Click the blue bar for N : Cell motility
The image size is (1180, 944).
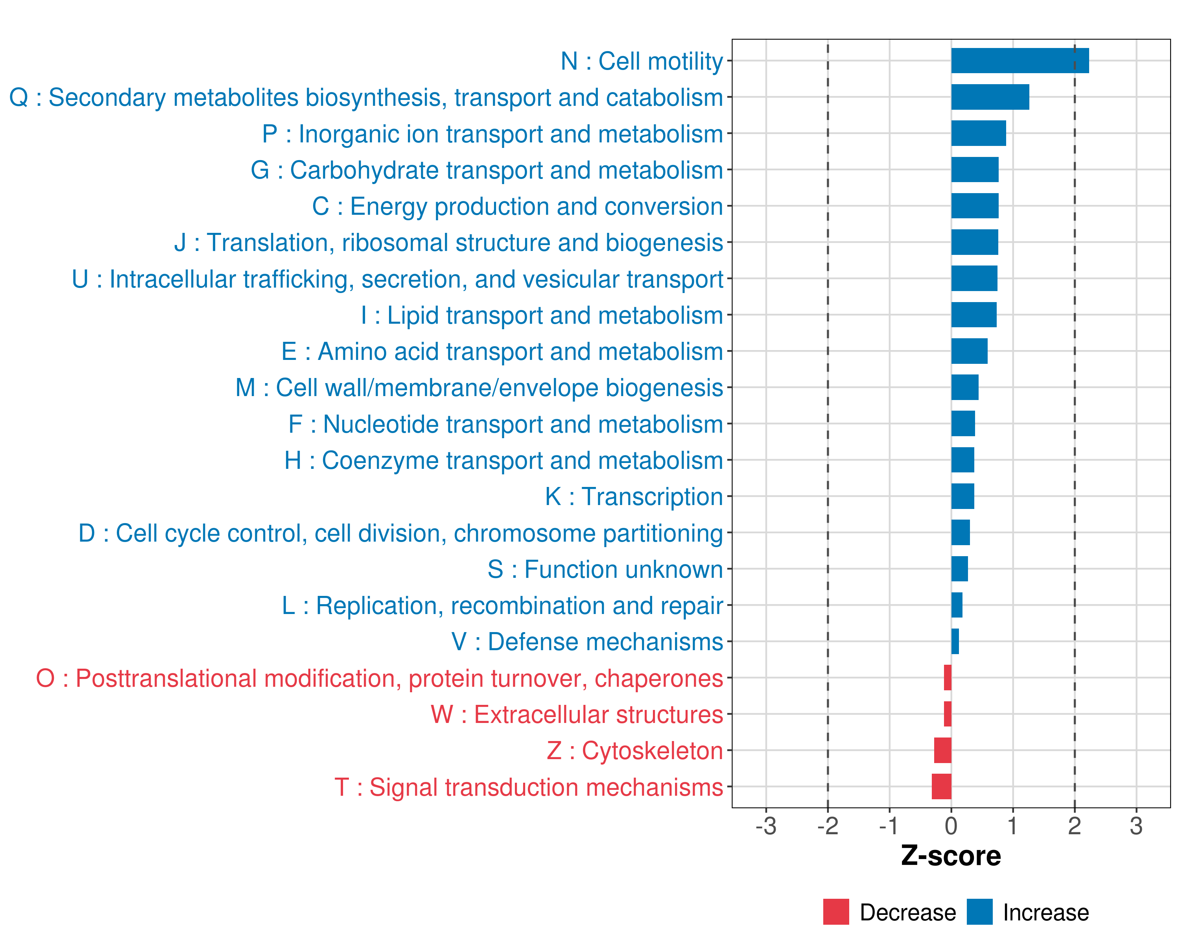coord(1020,61)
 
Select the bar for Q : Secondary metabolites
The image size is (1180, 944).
coord(990,97)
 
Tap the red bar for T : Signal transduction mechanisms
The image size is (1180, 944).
coord(941,786)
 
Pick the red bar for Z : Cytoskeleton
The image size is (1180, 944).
coord(942,750)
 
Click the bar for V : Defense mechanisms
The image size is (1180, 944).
coord(955,642)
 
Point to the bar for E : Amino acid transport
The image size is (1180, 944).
coord(969,351)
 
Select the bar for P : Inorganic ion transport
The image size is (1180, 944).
coord(978,133)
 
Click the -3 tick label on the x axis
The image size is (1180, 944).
coord(766,826)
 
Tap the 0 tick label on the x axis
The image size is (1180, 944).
coord(951,826)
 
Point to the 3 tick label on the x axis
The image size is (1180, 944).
coord(1136,826)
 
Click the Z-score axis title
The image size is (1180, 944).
coord(951,856)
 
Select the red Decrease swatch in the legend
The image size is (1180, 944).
coord(836,912)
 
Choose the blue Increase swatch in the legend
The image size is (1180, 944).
coord(979,912)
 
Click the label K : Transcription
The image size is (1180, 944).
coord(634,496)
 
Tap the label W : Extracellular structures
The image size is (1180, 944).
coord(577,714)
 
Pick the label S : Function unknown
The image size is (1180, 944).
coord(605,569)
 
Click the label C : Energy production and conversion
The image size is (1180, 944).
coord(518,206)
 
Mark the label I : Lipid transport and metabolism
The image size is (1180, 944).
coord(542,315)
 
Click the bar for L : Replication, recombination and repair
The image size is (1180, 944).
coord(957,605)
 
